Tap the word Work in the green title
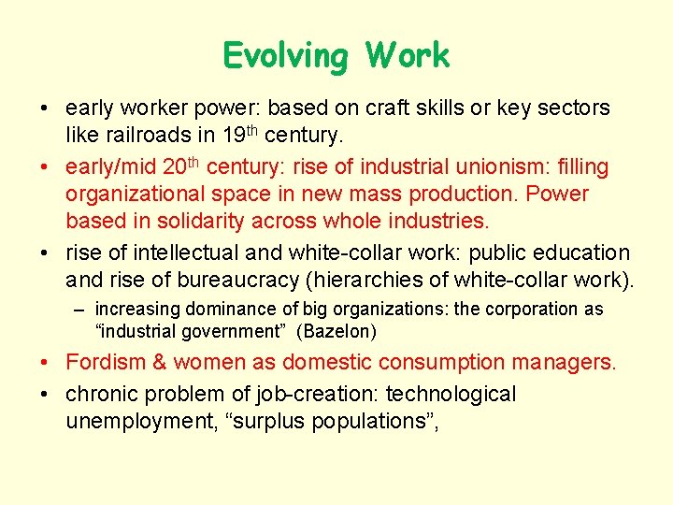pos(408,56)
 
